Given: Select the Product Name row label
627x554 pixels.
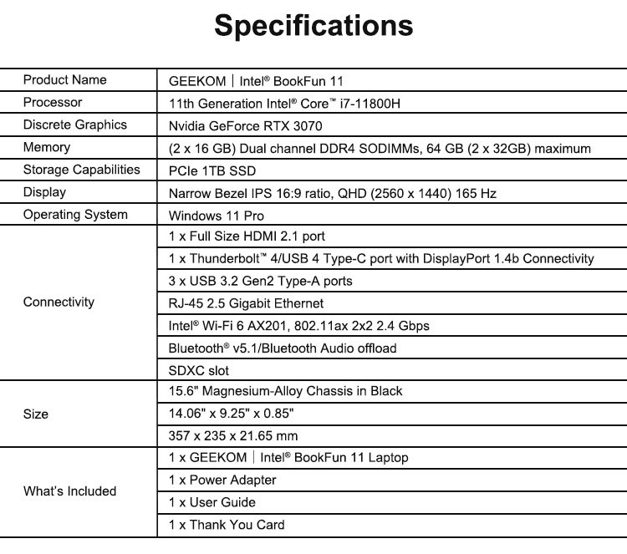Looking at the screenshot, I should pyautogui.click(x=65, y=80).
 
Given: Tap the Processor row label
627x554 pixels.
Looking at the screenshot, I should pyautogui.click(x=53, y=103).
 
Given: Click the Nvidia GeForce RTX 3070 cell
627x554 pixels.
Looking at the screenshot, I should pyautogui.click(x=245, y=126).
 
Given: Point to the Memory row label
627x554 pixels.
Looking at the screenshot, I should pyautogui.click(x=47, y=148).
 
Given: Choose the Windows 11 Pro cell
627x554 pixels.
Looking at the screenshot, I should pyautogui.click(x=217, y=216).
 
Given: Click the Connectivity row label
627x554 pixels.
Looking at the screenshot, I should pyautogui.click(x=59, y=302).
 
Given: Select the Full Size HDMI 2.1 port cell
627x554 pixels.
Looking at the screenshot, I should pyautogui.click(x=248, y=236).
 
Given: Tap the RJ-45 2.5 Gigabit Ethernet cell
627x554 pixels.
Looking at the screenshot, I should pyautogui.click(x=246, y=303).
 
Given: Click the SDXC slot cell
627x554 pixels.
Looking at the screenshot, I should pyautogui.click(x=198, y=370).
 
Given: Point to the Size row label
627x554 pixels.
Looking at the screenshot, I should pyautogui.click(x=36, y=414).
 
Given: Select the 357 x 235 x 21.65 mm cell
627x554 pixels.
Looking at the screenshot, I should pyautogui.click(x=233, y=436).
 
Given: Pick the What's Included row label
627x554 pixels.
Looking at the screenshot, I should pyautogui.click(x=69, y=491).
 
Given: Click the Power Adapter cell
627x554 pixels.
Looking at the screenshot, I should pyautogui.click(x=222, y=480).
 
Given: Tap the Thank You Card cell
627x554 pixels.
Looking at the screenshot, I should pyautogui.click(x=227, y=526).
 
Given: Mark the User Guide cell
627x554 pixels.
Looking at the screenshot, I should pyautogui.click(x=212, y=503).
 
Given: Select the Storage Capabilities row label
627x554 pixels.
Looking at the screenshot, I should pyautogui.click(x=82, y=170).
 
